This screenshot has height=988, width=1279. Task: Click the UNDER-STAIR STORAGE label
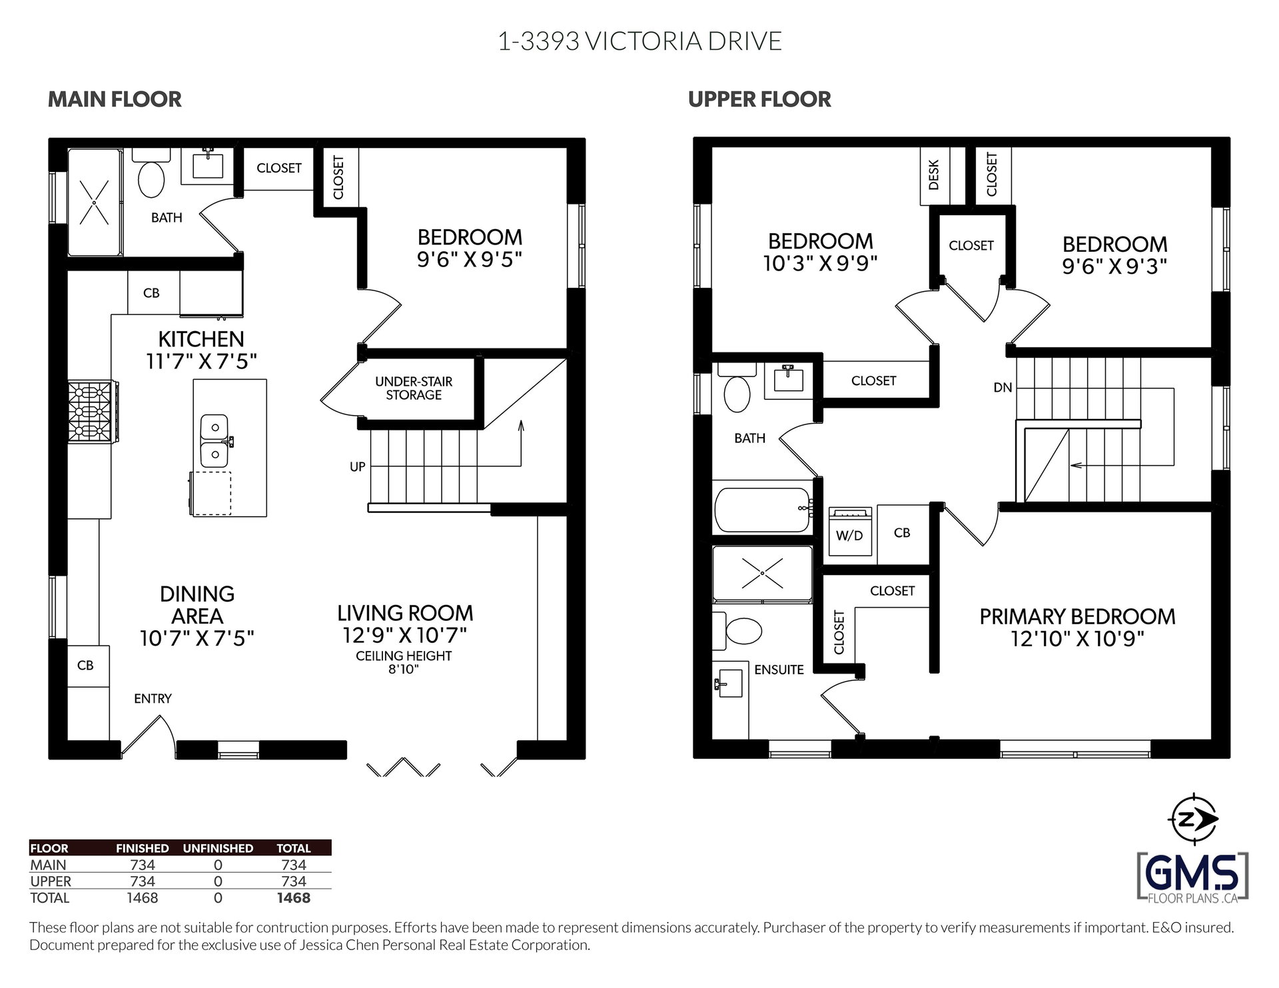point(414,388)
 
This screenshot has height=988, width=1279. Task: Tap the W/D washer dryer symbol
point(849,531)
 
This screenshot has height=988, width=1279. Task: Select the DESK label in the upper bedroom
point(933,174)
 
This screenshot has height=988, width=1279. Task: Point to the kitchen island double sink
point(215,440)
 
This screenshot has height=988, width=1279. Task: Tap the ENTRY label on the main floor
point(153,698)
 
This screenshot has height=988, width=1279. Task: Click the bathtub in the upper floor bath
point(763,510)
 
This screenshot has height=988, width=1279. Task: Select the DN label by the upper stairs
point(1003,387)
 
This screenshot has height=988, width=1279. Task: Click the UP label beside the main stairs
point(358,467)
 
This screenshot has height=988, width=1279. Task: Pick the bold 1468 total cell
point(294,897)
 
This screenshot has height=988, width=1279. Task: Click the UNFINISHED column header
point(218,848)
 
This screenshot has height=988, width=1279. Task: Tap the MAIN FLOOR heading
point(115,99)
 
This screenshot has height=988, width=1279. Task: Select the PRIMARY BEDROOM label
point(1077,616)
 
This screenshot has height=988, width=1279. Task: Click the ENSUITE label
point(779,670)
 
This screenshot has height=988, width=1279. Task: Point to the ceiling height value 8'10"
point(403,669)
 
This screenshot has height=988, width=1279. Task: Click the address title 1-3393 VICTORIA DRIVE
point(639,41)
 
